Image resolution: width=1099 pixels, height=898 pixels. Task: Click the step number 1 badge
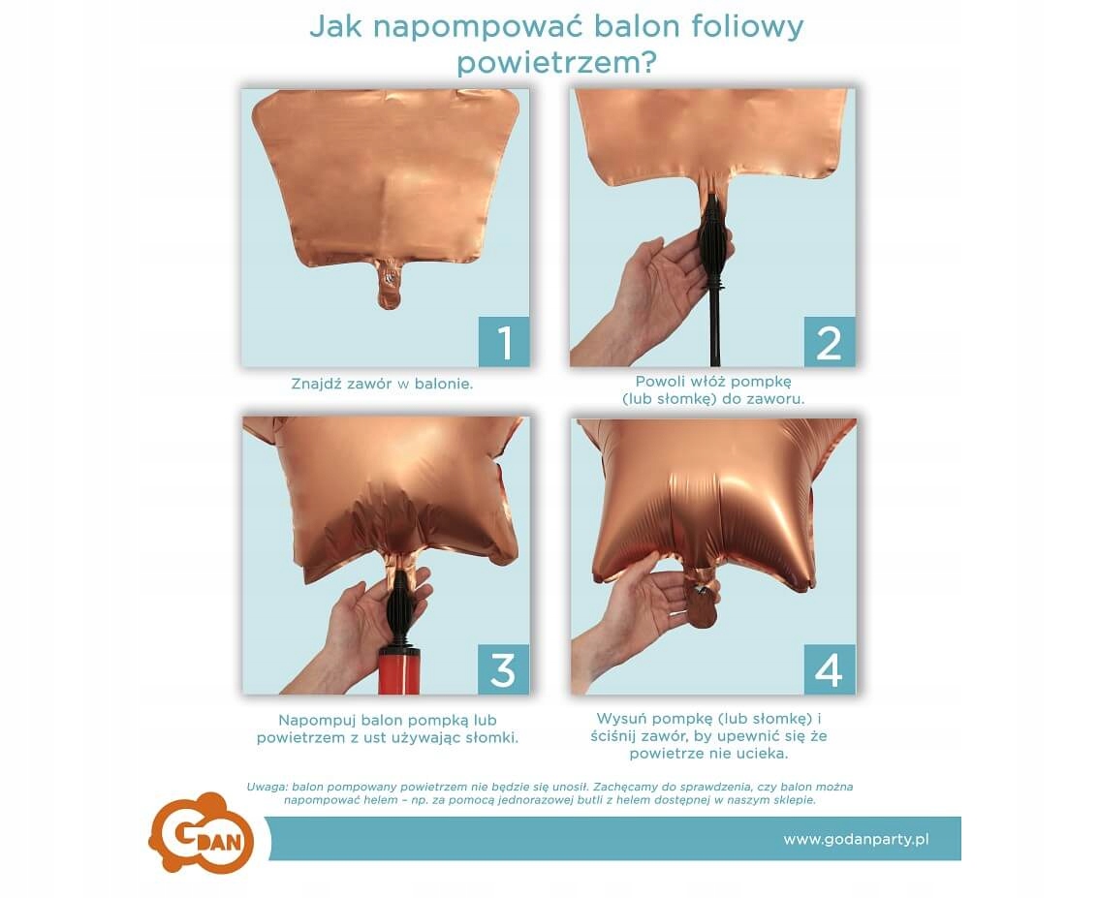click(504, 341)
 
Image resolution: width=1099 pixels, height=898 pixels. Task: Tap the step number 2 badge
click(830, 341)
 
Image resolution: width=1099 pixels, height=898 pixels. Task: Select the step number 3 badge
click(503, 669)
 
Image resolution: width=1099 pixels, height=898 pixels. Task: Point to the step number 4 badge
click(830, 669)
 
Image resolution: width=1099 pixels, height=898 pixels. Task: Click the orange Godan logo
click(202, 833)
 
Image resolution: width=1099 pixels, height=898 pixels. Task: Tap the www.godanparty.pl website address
click(856, 839)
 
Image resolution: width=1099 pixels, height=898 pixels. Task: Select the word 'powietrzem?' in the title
click(557, 62)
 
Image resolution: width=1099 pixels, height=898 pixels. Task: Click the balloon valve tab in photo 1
click(389, 284)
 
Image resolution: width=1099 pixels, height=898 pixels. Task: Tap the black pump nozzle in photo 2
click(714, 241)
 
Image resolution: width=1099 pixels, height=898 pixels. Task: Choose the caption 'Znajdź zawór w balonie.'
click(382, 384)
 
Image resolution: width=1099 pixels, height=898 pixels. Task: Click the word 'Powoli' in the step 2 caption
click(659, 381)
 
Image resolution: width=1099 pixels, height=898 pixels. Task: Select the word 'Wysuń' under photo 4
click(619, 719)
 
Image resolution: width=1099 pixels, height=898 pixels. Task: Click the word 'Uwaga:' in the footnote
click(266, 787)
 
